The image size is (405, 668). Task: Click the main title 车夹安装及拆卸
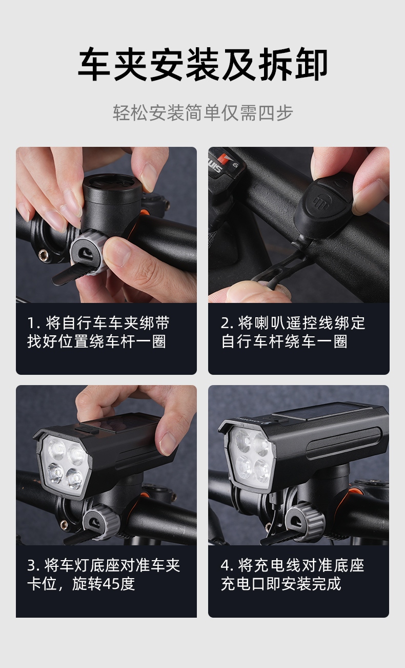(202, 64)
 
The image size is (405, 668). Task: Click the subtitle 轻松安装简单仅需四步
(203, 113)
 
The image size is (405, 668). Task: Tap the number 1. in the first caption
(34, 323)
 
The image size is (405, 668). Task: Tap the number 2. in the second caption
(227, 323)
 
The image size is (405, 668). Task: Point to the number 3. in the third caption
(34, 565)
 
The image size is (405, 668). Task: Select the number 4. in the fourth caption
(227, 565)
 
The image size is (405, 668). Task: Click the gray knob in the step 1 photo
(89, 253)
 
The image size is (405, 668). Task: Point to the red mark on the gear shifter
(224, 158)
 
